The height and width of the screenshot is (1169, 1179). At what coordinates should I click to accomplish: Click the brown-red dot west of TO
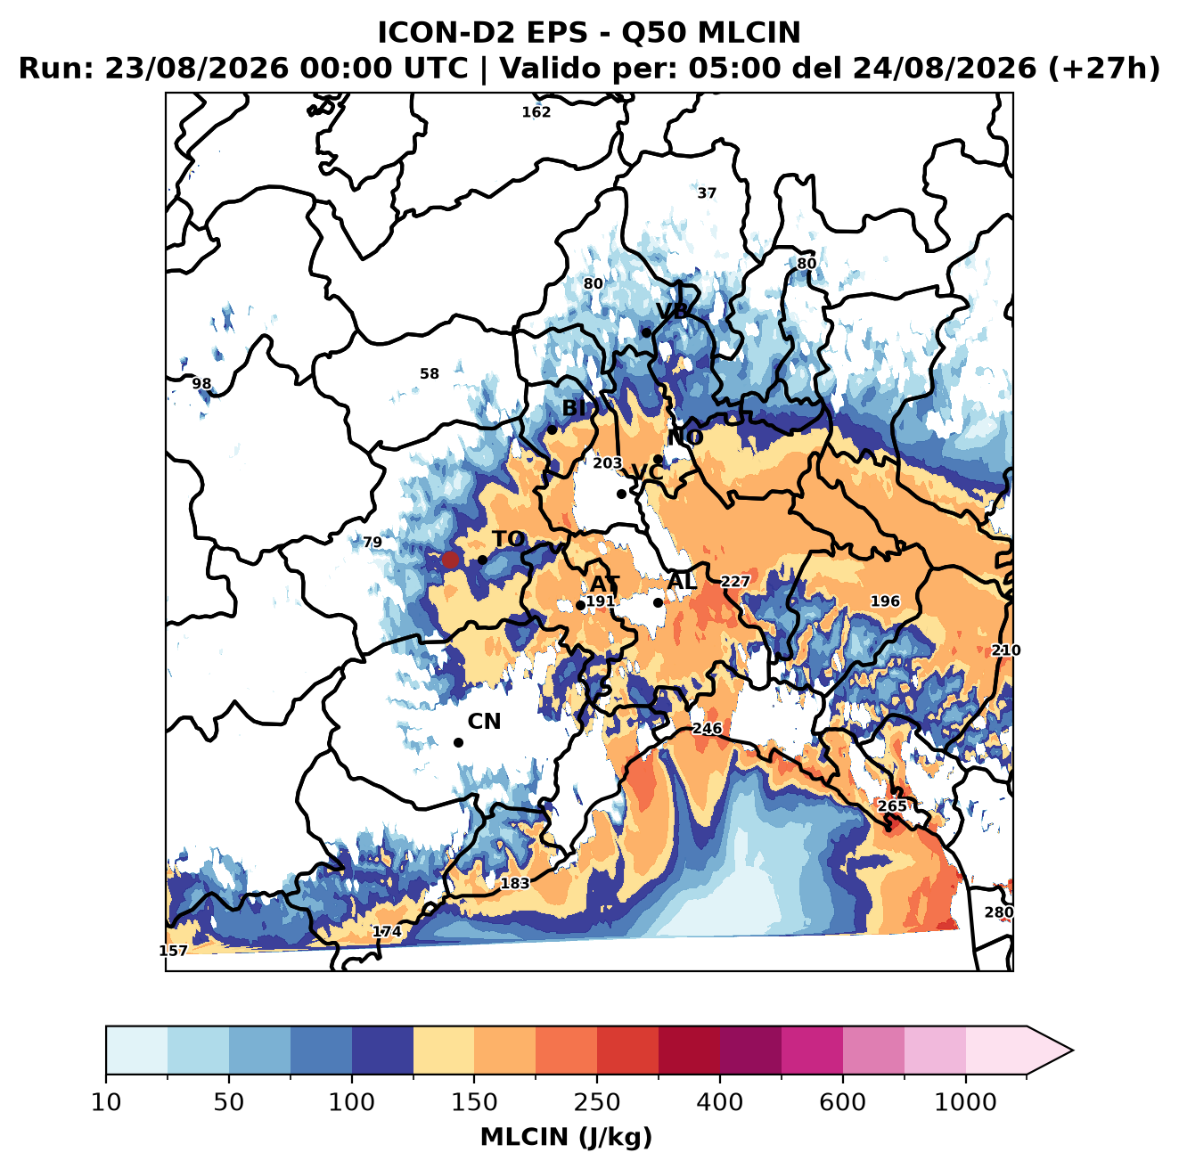pos(450,560)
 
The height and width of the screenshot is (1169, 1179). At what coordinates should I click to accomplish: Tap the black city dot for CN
pos(458,742)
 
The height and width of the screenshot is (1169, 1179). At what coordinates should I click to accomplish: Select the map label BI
pos(574,408)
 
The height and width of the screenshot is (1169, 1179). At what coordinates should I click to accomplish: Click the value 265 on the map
pos(892,806)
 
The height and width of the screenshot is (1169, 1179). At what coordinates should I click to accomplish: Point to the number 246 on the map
pos(707,729)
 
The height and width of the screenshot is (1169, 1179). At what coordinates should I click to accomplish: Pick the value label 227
pos(735,581)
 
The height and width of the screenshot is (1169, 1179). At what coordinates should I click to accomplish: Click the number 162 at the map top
pos(536,112)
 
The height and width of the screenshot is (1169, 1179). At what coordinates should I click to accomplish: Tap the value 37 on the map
pos(707,192)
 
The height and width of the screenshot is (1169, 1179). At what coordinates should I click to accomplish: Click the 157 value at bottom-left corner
pos(173,951)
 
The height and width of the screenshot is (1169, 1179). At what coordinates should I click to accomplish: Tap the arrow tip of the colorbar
pos(1072,1050)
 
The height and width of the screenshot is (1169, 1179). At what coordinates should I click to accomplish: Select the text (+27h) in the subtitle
pos(1103,69)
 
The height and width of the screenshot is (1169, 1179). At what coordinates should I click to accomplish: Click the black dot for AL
pos(658,602)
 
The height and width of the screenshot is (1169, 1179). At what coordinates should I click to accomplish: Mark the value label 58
pos(429,373)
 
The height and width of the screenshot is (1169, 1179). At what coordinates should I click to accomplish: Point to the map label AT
pos(604,584)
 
